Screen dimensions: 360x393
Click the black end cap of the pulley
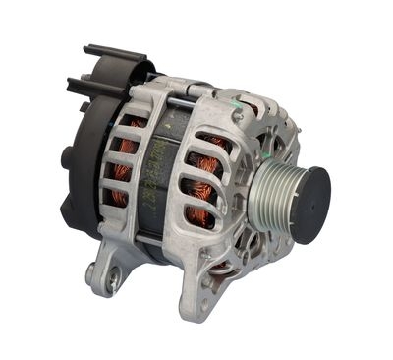pyautogui.click(x=309, y=205)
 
